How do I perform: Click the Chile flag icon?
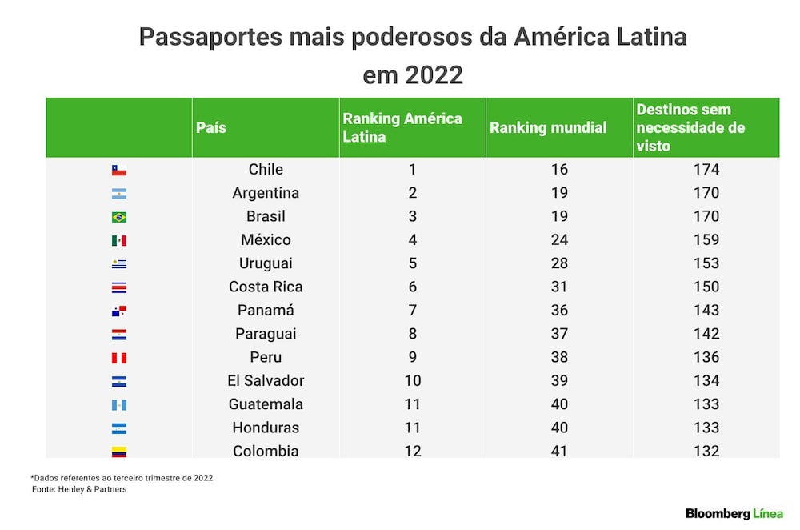click(x=119, y=170)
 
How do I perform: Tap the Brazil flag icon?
click(x=119, y=217)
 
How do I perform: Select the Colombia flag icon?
click(x=119, y=452)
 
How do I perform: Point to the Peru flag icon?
click(x=119, y=358)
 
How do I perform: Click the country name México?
click(x=266, y=239)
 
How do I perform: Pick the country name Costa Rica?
click(x=266, y=287)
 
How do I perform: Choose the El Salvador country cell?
click(x=266, y=380)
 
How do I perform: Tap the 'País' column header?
click(x=211, y=127)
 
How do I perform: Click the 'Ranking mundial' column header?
click(x=548, y=127)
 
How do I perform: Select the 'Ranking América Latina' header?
click(x=402, y=127)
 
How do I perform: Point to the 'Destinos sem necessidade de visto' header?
click(x=690, y=127)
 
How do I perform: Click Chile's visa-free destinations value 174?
click(x=706, y=169)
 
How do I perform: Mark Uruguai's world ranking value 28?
click(x=559, y=263)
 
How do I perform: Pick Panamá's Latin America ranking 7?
click(x=412, y=310)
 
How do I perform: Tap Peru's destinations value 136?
click(x=706, y=357)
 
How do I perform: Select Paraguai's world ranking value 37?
click(x=559, y=333)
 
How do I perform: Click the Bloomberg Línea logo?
click(x=734, y=513)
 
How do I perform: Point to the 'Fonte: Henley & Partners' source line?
click(x=79, y=489)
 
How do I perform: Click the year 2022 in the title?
click(x=434, y=75)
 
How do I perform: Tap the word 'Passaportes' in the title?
click(x=210, y=38)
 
